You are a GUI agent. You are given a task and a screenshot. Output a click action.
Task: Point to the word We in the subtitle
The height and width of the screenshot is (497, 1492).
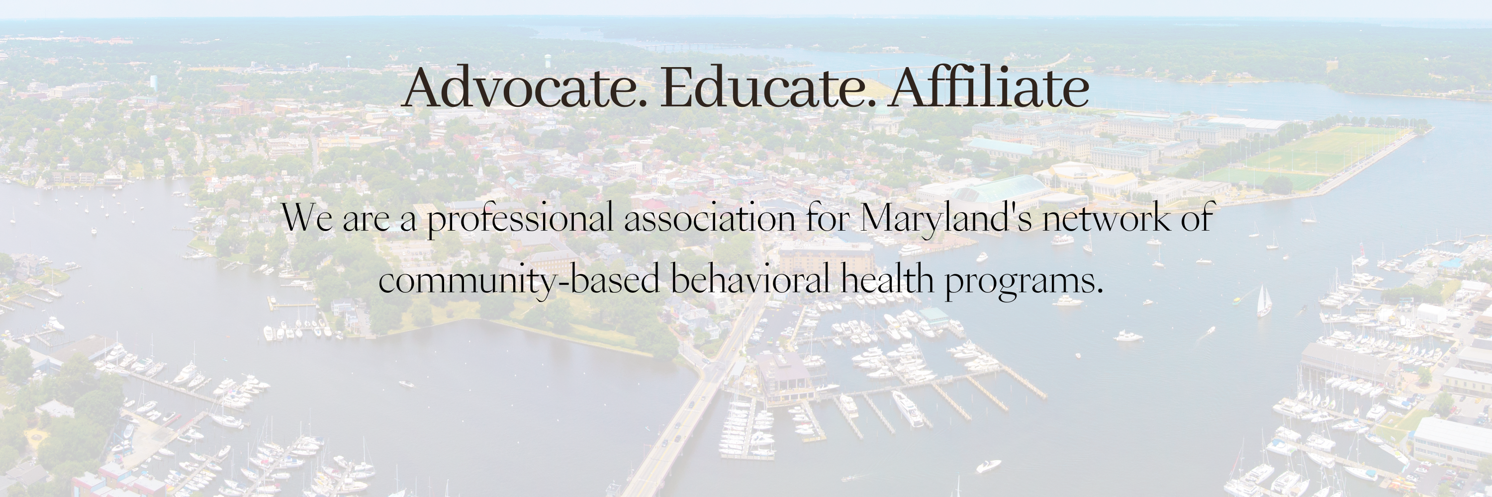click(307, 219)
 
